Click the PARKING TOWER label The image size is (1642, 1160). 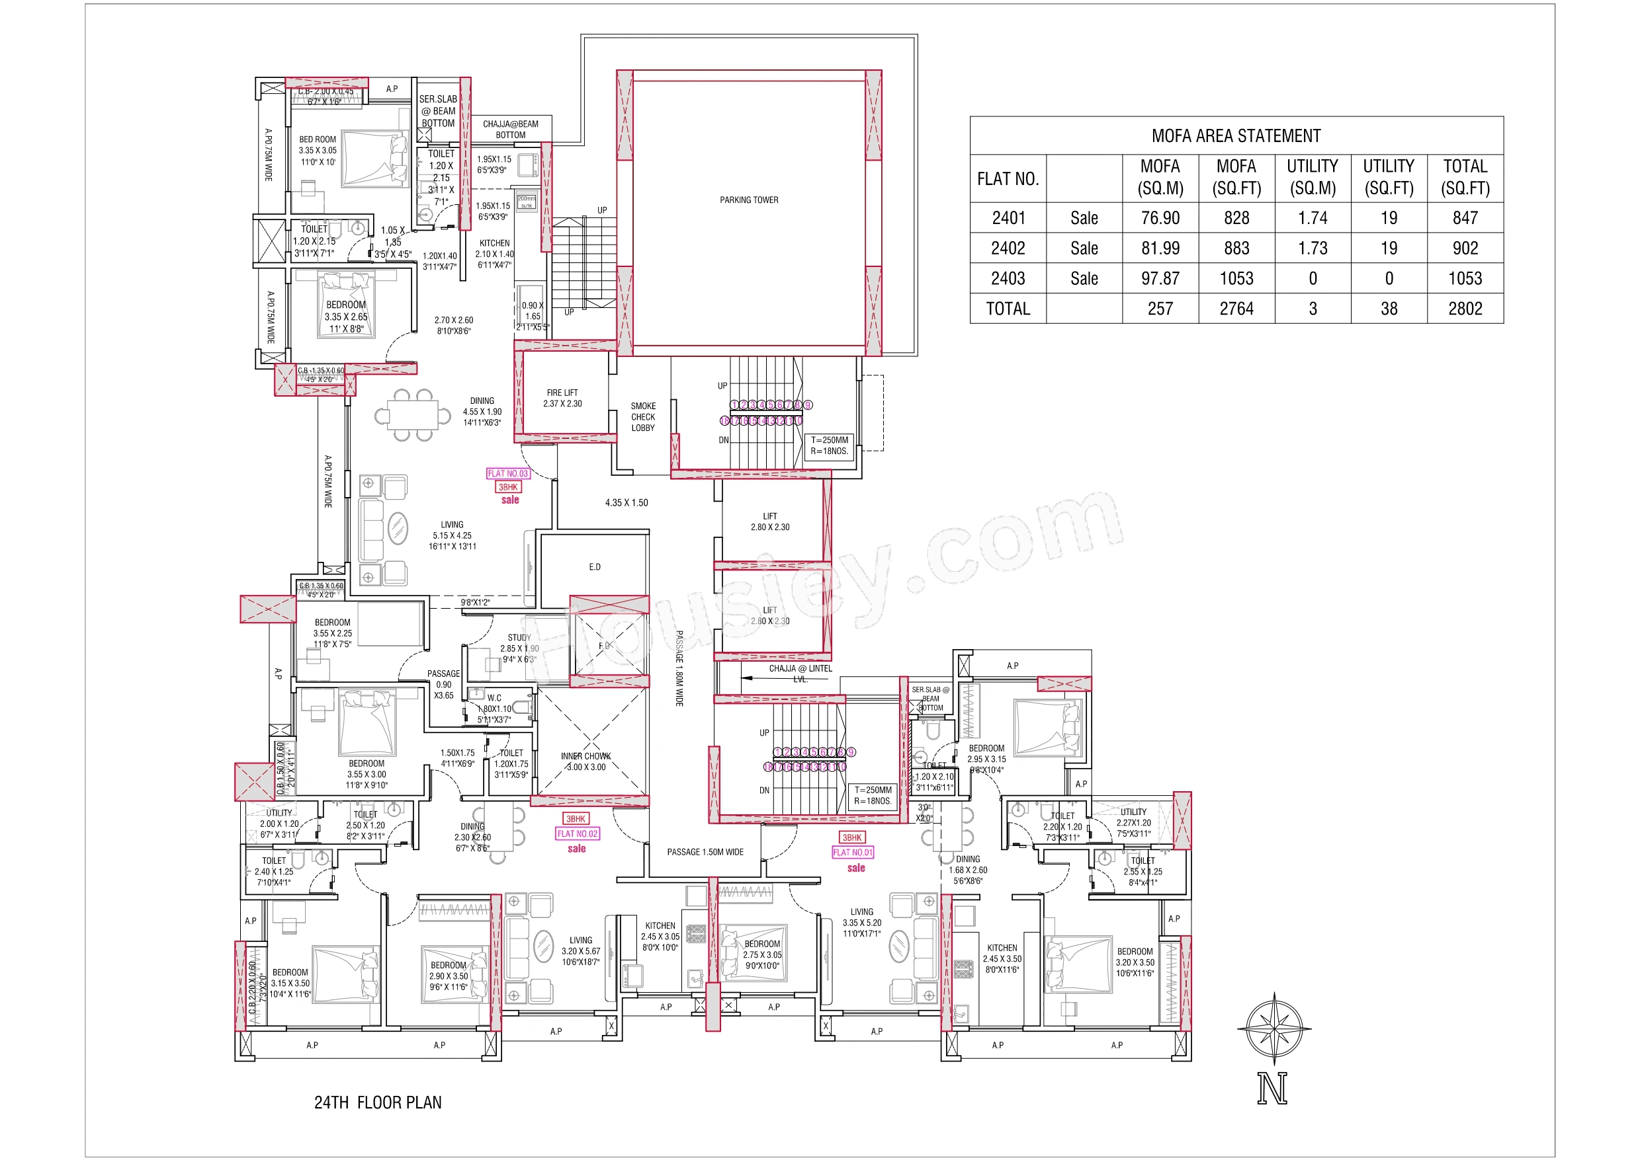(749, 200)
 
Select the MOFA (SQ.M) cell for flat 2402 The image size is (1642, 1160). (1160, 248)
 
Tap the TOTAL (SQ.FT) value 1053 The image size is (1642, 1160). (1465, 279)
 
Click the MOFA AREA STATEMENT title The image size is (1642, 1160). (1236, 135)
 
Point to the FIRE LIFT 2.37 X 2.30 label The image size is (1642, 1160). (562, 398)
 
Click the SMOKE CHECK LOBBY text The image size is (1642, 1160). (643, 416)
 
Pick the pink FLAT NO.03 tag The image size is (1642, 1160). (508, 473)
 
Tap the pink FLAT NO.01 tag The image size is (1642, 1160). (853, 852)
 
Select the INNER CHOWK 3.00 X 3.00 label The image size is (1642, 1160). (585, 761)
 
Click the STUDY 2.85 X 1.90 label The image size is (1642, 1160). (519, 648)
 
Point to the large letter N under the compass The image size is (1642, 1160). (1272, 1089)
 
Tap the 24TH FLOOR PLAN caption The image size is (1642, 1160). (378, 1102)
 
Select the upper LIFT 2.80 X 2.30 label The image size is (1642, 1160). (769, 522)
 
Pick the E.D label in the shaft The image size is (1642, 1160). (594, 566)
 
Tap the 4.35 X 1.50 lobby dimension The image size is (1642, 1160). (627, 502)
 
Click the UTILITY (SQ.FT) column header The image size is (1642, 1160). (1388, 177)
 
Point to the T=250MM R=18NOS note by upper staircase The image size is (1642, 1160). (829, 445)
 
